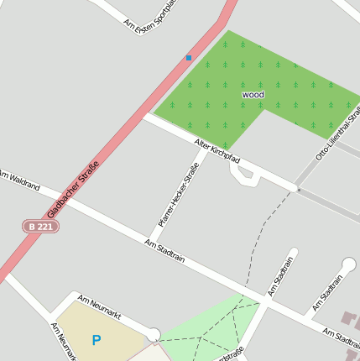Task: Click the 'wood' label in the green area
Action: [253, 95]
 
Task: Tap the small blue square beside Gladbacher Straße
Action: [189, 58]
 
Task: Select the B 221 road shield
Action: [40, 227]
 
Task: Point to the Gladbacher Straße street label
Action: [74, 191]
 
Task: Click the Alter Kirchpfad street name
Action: [217, 150]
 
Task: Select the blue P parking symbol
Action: [97, 340]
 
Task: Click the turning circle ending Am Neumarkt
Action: [153, 336]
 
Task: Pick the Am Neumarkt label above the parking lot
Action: [99, 306]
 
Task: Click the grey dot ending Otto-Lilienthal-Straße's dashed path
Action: [298, 190]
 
